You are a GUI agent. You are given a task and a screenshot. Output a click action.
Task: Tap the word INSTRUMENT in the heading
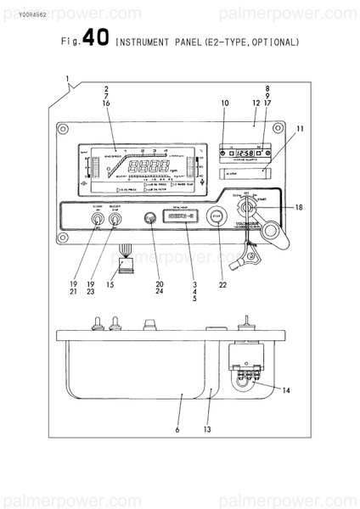140,42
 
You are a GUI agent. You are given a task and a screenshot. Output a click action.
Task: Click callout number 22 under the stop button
222,284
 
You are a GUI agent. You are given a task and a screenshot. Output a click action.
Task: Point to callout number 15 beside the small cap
110,284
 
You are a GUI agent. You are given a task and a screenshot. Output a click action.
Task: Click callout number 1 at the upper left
66,79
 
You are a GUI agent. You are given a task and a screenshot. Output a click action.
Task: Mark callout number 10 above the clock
225,103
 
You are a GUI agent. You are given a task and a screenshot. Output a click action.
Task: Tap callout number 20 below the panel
159,284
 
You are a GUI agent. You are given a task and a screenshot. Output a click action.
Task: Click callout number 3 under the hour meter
194,284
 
